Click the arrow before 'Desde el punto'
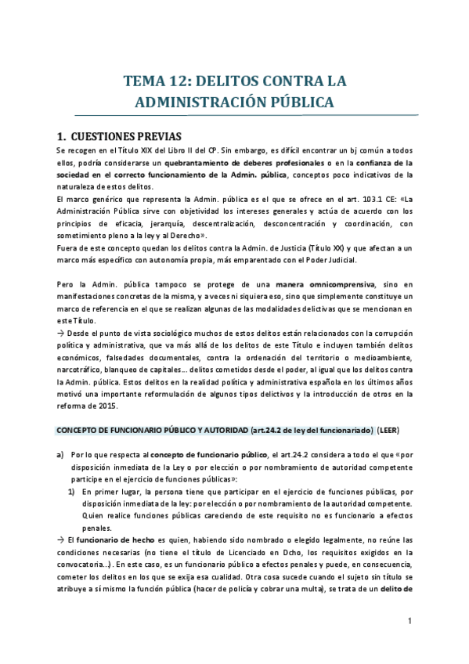pos(61,332)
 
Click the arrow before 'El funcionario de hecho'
pos(61,540)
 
